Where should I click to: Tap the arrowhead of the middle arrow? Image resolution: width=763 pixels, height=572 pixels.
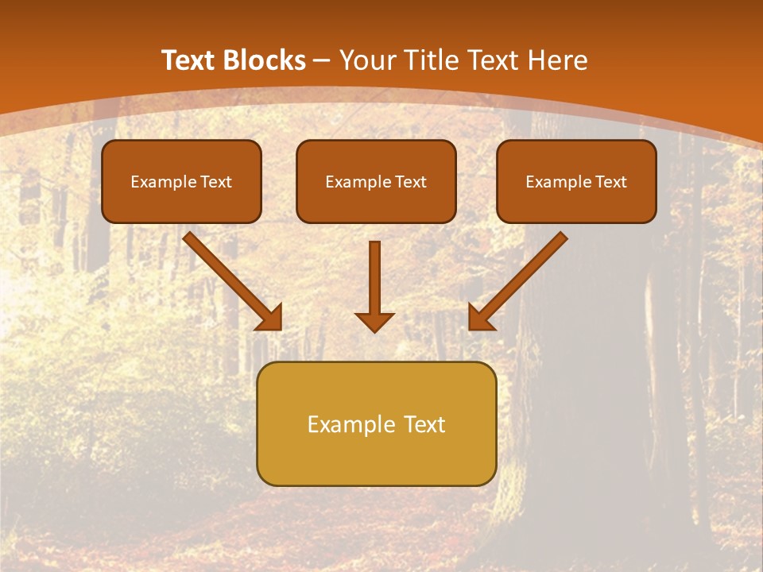click(375, 321)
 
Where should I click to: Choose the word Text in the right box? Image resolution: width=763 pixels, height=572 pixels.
click(610, 182)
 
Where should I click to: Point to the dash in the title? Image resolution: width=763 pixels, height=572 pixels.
click(323, 61)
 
